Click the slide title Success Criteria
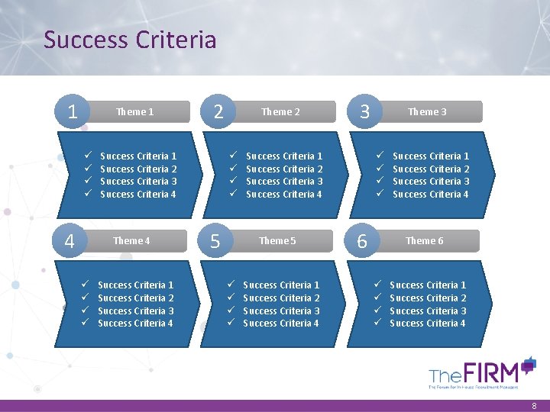tap(130, 40)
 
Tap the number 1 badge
tap(73, 112)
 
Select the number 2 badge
tap(218, 112)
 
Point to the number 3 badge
tap(365, 112)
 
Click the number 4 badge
tap(70, 241)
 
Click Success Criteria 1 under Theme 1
tap(138, 156)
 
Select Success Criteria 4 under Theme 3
tap(431, 195)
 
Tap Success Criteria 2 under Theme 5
tap(281, 298)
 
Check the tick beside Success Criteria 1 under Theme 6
tap(377, 285)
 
